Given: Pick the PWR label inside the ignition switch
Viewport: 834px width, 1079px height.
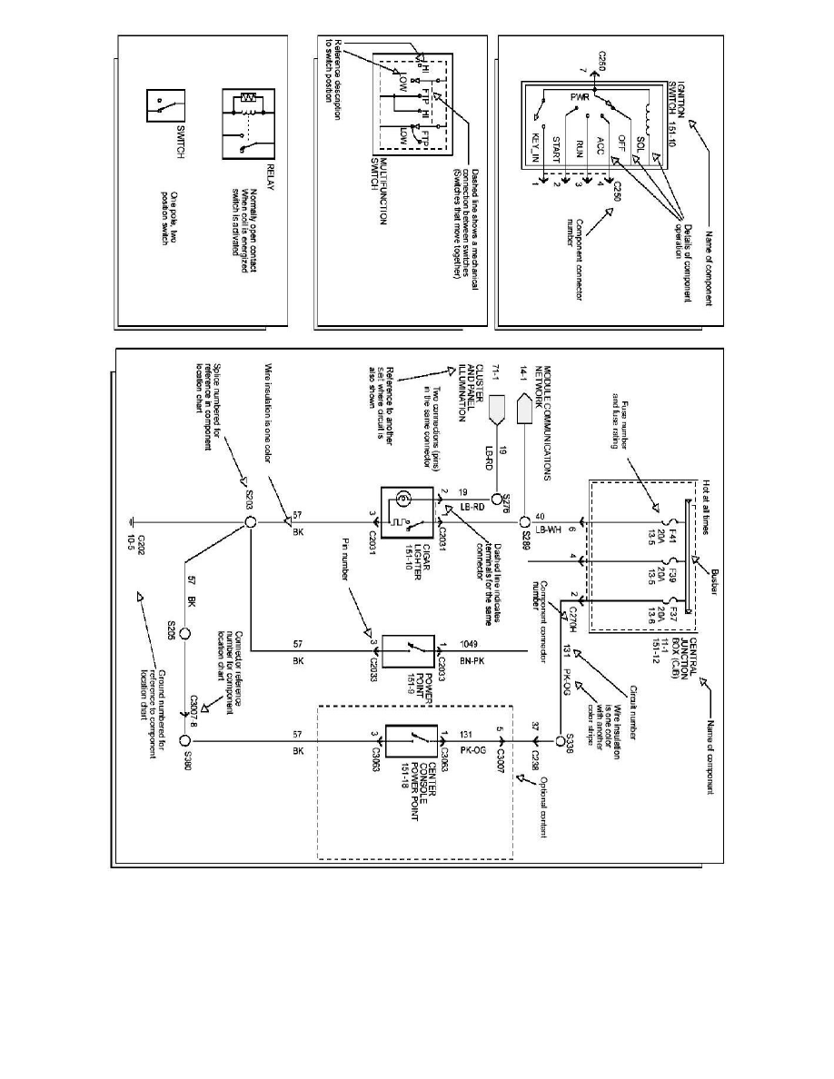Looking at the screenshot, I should pos(581,98).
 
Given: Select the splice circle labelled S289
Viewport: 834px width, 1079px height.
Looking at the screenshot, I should pos(524,523).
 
